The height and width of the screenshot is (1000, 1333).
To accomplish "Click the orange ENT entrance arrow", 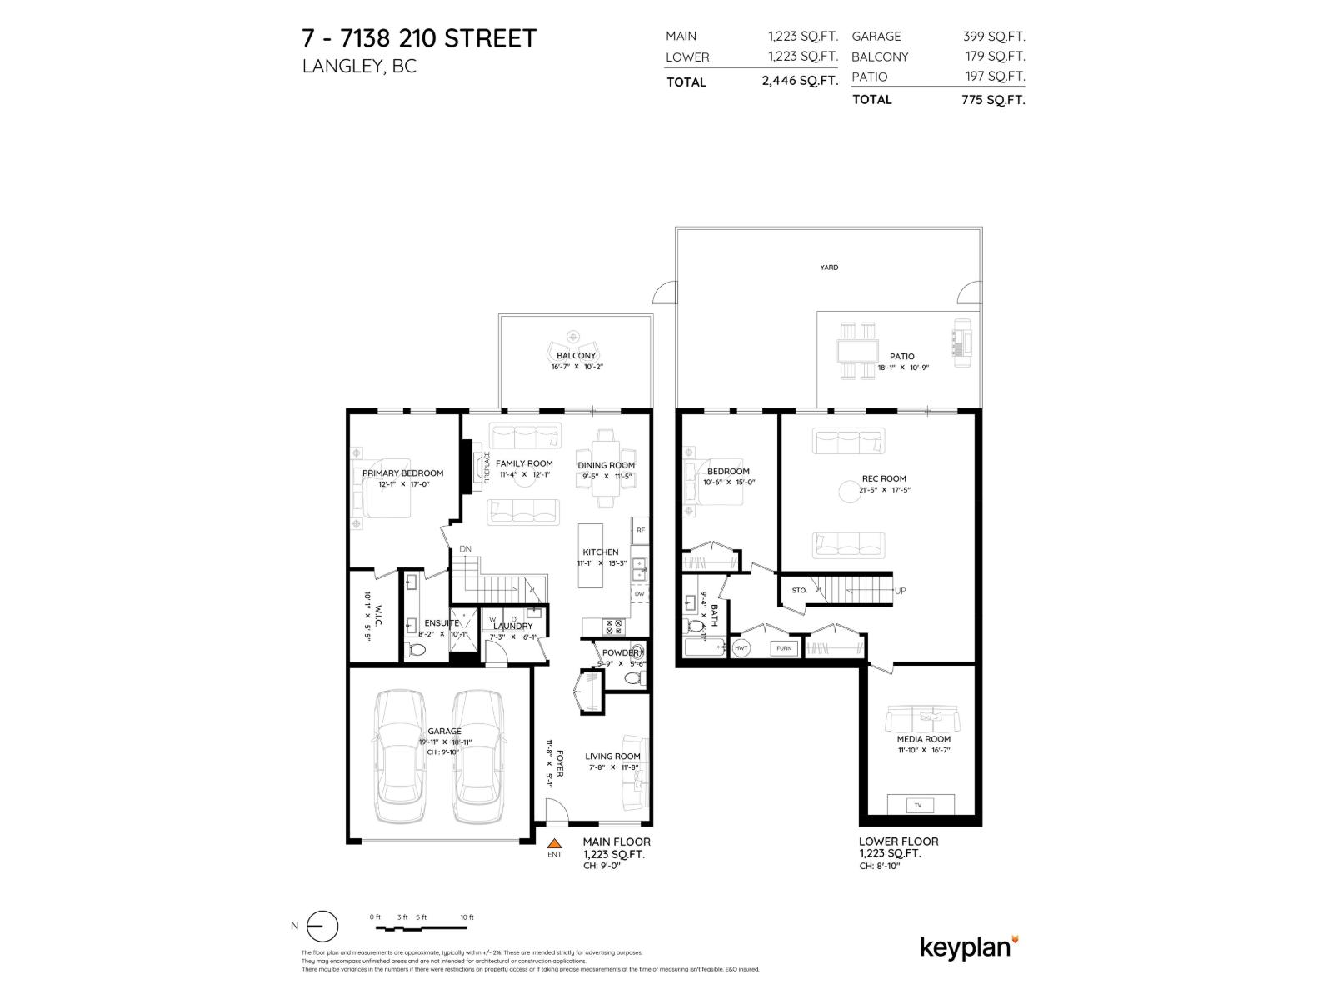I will point(554,843).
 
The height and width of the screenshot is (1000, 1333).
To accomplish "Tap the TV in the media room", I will point(918,805).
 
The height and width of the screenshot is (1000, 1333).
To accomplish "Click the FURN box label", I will point(783,647).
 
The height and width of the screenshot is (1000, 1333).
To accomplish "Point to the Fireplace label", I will point(487,467).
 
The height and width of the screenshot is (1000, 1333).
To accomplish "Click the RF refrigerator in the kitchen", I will point(640,530).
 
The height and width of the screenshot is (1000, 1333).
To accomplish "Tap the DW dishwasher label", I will point(639,594).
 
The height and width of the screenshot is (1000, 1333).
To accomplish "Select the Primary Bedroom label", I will point(402,472).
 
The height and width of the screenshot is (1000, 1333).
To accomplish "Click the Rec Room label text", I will point(883,478).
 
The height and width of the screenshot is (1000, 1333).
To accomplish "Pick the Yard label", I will point(828,267).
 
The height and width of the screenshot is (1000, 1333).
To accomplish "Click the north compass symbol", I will point(322,926).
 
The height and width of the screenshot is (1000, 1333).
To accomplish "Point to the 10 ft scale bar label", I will point(467,917).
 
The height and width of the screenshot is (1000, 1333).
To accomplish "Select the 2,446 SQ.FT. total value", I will point(799,82).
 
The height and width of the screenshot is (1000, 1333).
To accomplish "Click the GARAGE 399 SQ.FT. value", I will point(993,37).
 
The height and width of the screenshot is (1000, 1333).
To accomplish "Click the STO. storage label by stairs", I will point(799,590).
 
